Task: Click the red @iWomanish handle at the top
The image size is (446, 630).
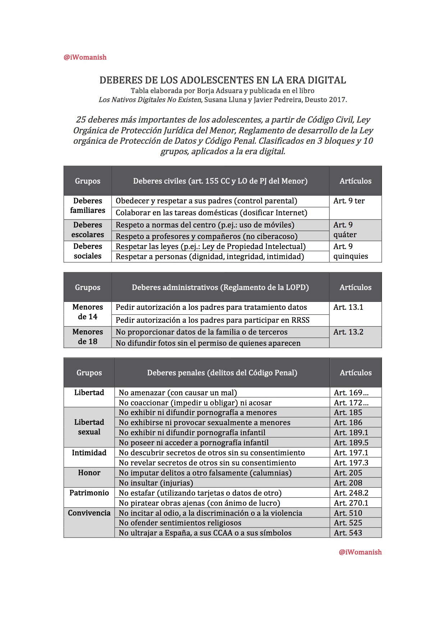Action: click(85, 57)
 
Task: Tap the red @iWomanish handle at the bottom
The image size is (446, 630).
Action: click(360, 552)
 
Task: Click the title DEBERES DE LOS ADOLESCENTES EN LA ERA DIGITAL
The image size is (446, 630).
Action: click(223, 80)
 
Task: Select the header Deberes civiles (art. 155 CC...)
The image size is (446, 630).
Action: click(220, 181)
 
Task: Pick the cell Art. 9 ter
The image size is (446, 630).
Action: click(349, 201)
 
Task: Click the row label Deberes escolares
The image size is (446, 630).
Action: click(88, 230)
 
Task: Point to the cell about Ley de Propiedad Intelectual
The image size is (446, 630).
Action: click(210, 247)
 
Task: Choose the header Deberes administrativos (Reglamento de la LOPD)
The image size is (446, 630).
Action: click(220, 288)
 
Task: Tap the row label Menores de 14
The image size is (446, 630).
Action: click(88, 312)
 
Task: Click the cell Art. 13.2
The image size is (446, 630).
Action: click(348, 332)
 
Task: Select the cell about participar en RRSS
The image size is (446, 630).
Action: click(212, 320)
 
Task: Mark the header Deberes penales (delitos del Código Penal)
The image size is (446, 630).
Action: click(222, 373)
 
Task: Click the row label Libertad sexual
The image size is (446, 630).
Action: click(89, 427)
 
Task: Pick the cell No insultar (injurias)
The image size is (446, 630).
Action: click(156, 483)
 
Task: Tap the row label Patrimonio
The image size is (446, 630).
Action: click(89, 493)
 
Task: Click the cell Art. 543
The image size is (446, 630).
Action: click(348, 533)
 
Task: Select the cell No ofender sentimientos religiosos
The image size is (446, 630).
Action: click(180, 523)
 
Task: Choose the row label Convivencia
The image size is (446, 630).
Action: click(89, 513)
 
